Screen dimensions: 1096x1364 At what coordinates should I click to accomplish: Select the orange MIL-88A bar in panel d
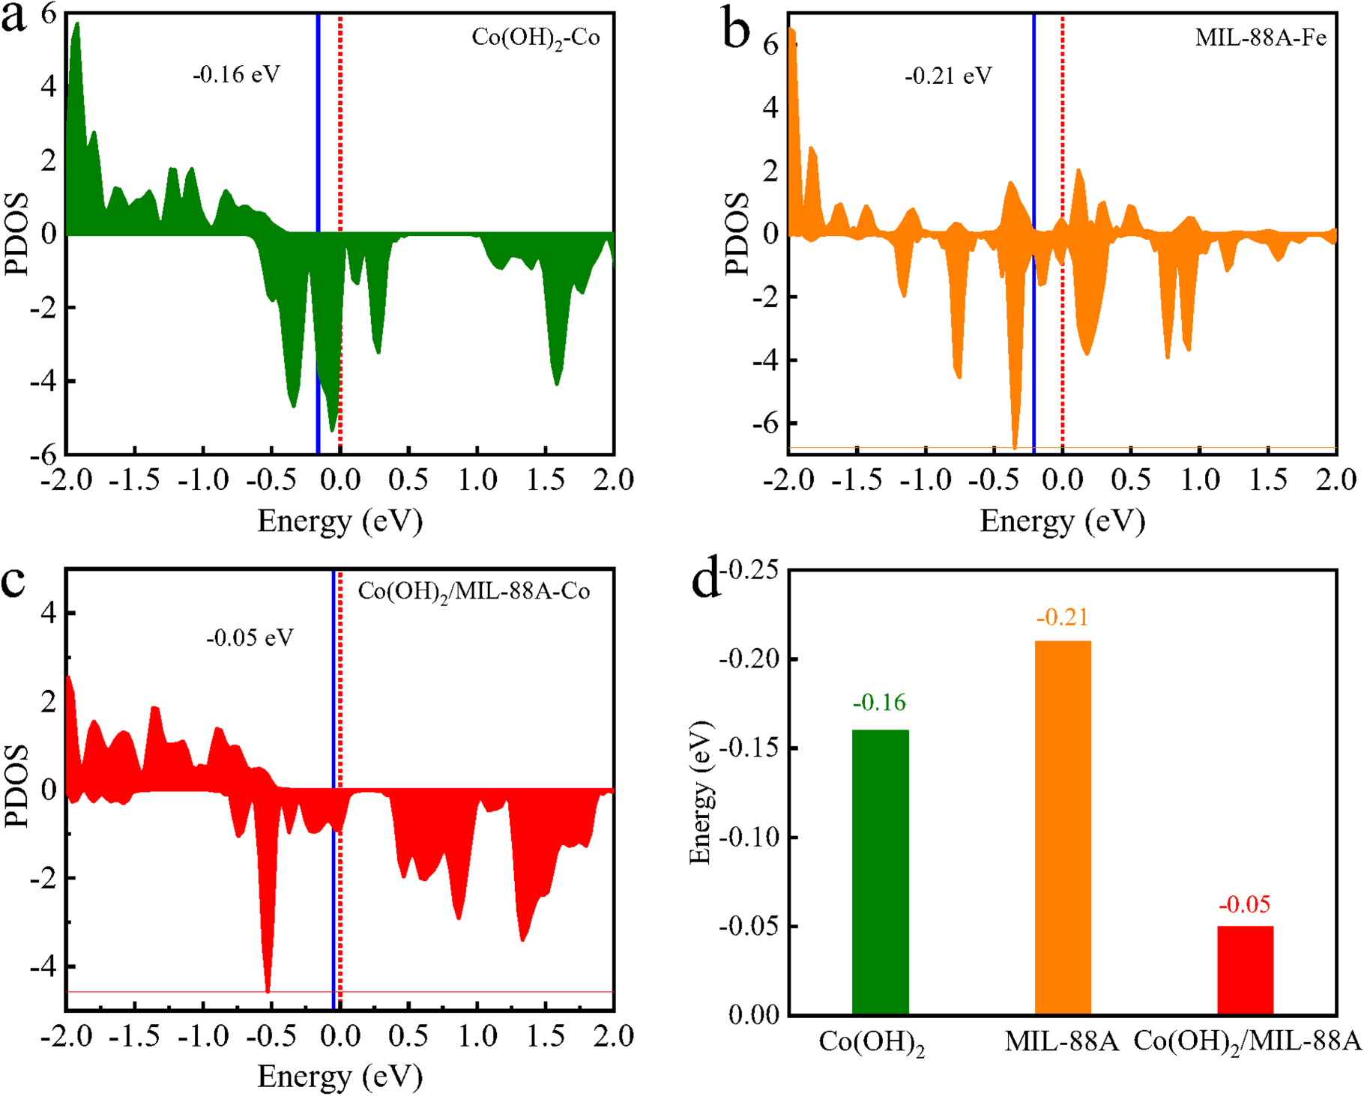(1063, 827)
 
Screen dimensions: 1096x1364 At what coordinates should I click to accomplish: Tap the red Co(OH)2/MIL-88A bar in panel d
(1245, 970)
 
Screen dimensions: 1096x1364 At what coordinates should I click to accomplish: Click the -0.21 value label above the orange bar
(1062, 617)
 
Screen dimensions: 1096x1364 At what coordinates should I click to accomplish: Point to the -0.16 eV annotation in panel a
(236, 75)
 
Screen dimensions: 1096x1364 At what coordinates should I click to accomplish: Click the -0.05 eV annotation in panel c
(250, 638)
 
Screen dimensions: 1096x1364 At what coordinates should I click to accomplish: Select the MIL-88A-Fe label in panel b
(1261, 37)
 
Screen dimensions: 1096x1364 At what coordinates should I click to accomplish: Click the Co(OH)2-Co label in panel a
(536, 37)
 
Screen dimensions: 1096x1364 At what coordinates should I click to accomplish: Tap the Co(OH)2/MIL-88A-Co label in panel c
(474, 592)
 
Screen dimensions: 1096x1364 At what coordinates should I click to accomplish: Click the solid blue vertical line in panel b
(1033, 150)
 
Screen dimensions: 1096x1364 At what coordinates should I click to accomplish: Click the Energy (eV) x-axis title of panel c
(340, 1077)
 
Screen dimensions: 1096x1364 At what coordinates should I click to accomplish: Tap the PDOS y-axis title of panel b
(737, 234)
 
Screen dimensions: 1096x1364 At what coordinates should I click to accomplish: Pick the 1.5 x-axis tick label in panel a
(545, 479)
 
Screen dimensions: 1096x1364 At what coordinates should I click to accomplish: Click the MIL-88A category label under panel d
(1062, 1042)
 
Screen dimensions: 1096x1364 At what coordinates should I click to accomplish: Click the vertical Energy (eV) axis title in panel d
(700, 793)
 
